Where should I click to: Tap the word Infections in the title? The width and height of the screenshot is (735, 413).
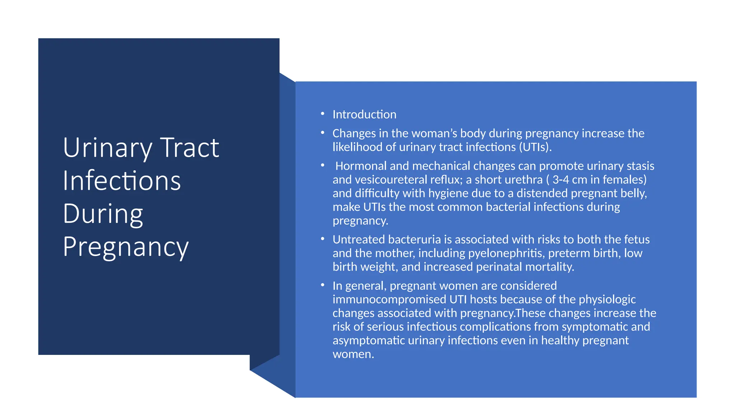[122, 181]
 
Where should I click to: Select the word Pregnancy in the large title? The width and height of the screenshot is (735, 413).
[126, 247]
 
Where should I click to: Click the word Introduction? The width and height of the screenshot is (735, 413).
[364, 114]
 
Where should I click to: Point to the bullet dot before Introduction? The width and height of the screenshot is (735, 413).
[323, 114]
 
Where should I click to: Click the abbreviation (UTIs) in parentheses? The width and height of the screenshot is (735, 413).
[535, 147]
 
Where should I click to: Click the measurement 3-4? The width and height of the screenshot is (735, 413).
[561, 180]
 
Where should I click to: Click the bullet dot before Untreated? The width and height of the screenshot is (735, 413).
[323, 239]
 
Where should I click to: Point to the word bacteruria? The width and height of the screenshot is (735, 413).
[414, 239]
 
